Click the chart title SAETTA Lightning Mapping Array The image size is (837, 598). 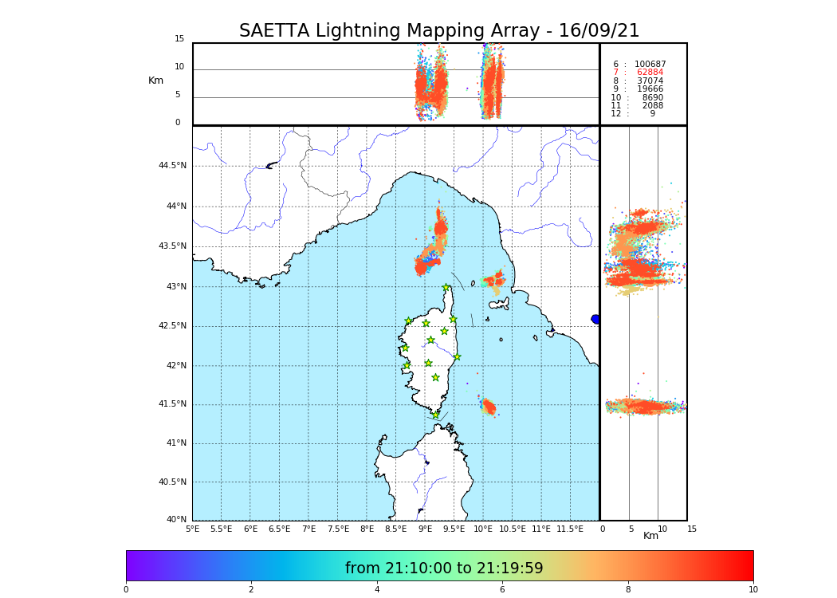[x=439, y=31]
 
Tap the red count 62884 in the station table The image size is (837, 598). [x=650, y=73]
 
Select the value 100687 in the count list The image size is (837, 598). [x=650, y=65]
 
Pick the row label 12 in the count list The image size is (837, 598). [x=615, y=114]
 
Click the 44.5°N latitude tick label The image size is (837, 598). [x=172, y=166]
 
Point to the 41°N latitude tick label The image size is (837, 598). [x=175, y=443]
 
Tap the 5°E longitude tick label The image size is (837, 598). [x=192, y=529]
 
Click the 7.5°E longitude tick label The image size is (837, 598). [x=338, y=529]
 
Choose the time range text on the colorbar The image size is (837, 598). [x=444, y=568]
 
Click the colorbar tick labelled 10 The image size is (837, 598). [x=753, y=590]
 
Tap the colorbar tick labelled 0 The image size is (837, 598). [x=126, y=590]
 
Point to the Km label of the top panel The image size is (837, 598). [x=155, y=81]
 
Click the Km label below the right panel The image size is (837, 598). [x=651, y=536]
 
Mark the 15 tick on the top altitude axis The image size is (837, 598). [x=179, y=39]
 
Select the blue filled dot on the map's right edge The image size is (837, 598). [x=595, y=319]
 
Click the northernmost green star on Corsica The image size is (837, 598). [x=446, y=288]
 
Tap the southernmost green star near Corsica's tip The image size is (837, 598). [x=435, y=415]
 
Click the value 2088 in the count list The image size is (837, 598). [x=652, y=106]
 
